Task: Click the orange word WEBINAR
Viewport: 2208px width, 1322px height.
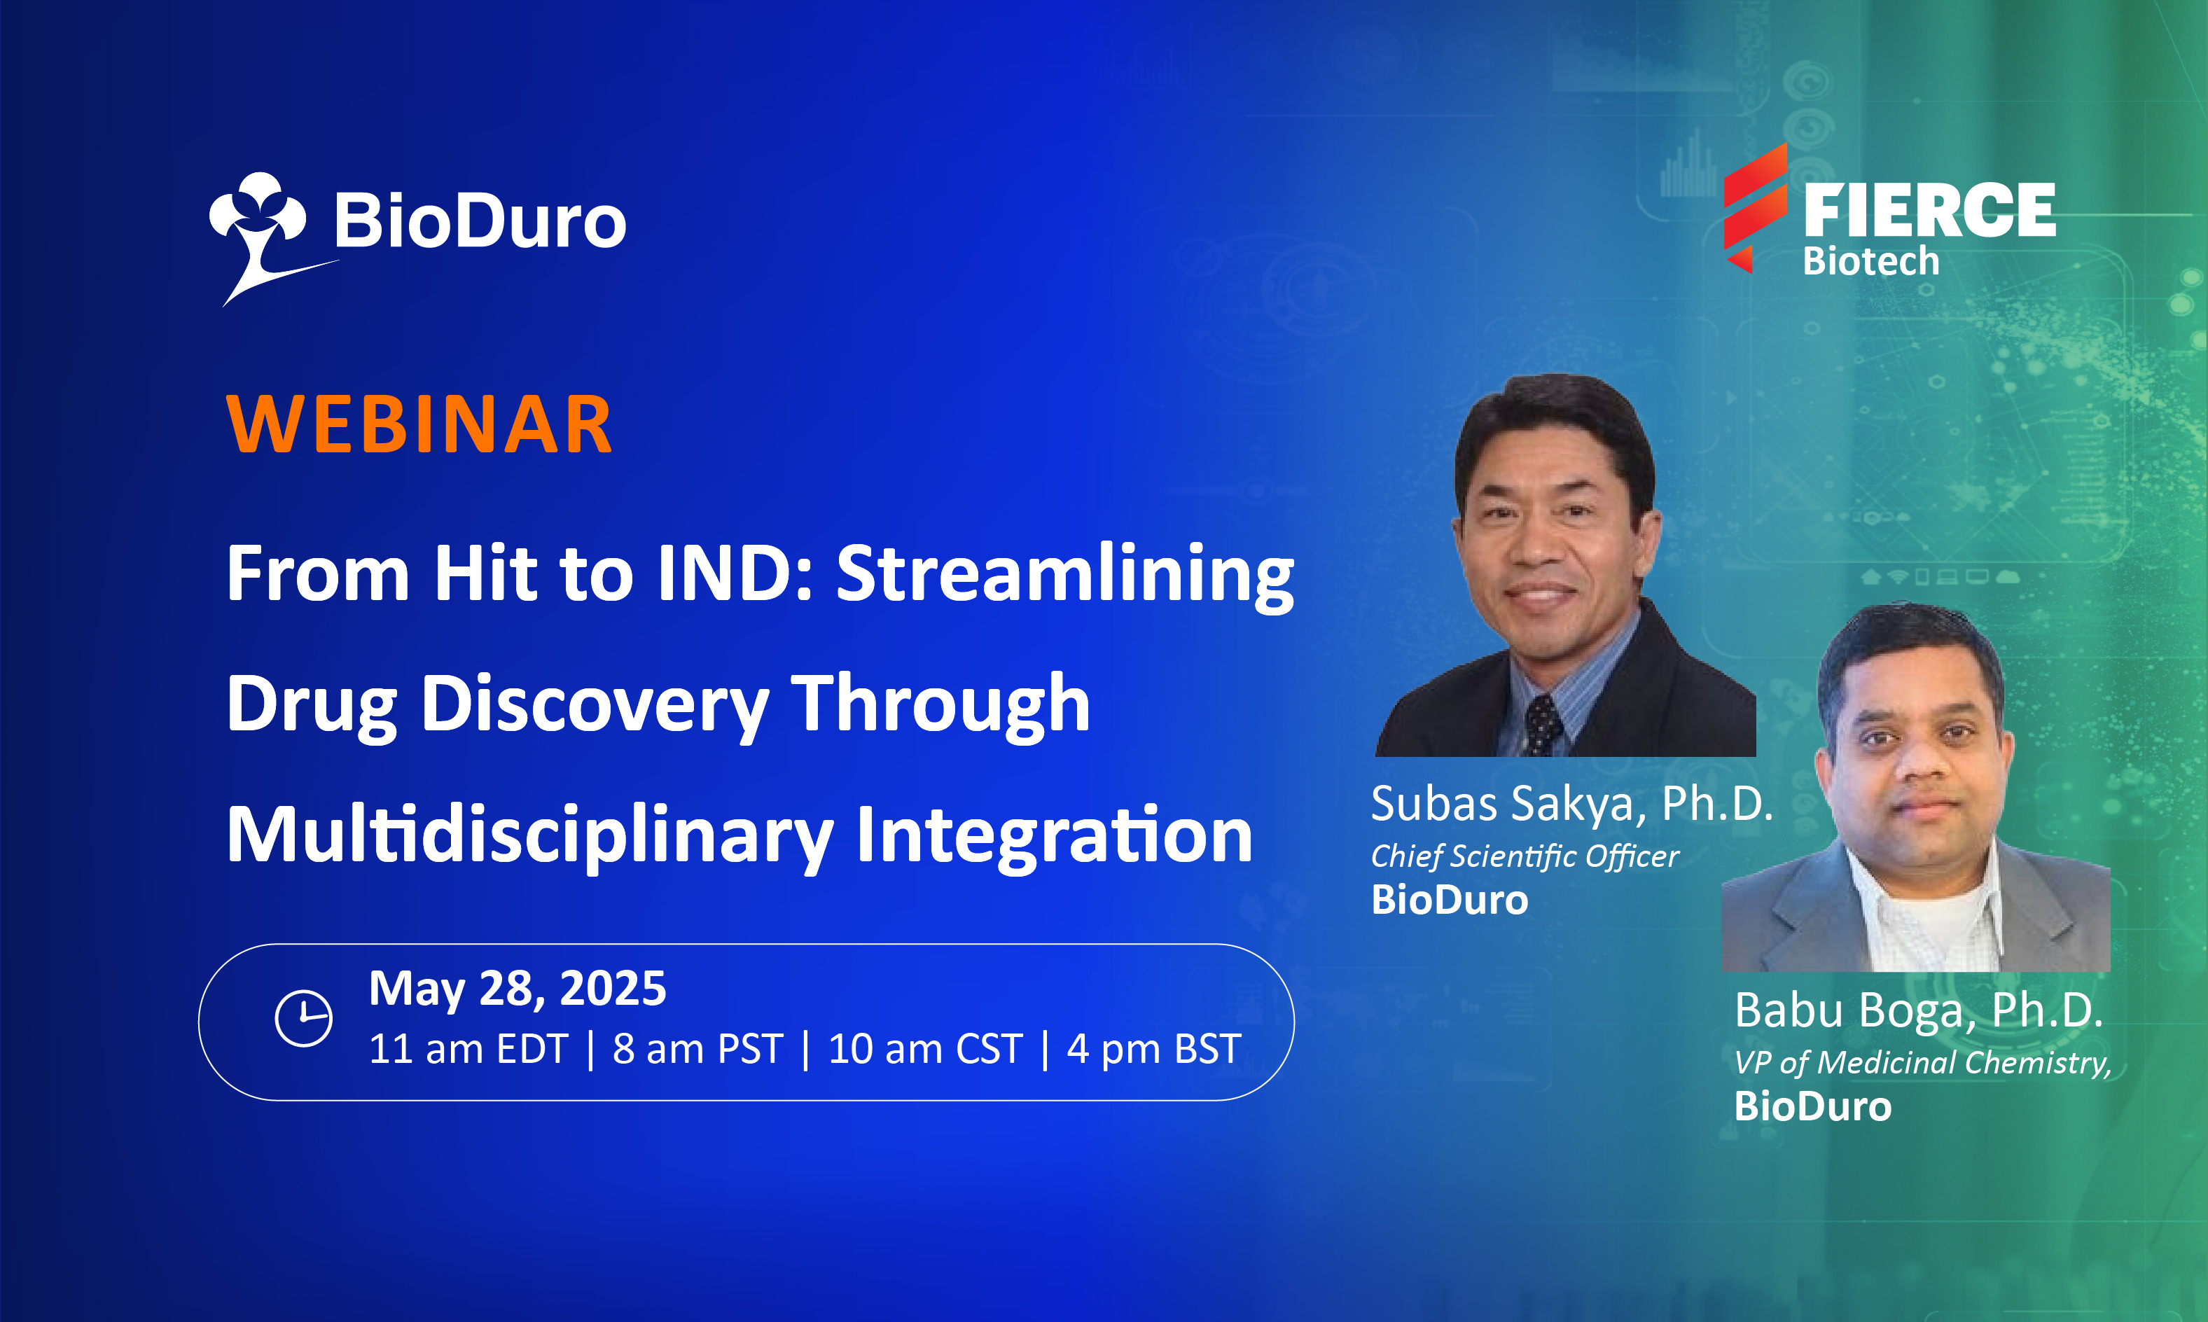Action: (419, 424)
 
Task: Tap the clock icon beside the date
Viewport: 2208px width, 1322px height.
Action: (304, 1017)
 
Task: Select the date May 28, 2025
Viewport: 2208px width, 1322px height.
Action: (518, 988)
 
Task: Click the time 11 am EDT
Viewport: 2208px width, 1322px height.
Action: (468, 1048)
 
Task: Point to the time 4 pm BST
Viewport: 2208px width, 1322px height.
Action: (1153, 1048)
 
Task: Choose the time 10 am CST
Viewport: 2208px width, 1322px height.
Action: (925, 1048)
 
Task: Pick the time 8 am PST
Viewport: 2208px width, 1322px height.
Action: (697, 1048)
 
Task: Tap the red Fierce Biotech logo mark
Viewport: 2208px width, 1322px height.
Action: (1755, 207)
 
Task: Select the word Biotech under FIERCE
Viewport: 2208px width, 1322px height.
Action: (1871, 261)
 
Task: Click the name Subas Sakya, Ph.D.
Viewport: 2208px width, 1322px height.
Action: (1572, 804)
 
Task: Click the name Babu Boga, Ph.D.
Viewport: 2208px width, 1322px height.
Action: (1919, 1010)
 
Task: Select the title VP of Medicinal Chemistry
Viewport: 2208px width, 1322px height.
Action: (1923, 1062)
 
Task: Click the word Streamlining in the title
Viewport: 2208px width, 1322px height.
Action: (1065, 575)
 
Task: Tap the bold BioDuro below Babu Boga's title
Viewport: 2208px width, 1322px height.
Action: (1812, 1106)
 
